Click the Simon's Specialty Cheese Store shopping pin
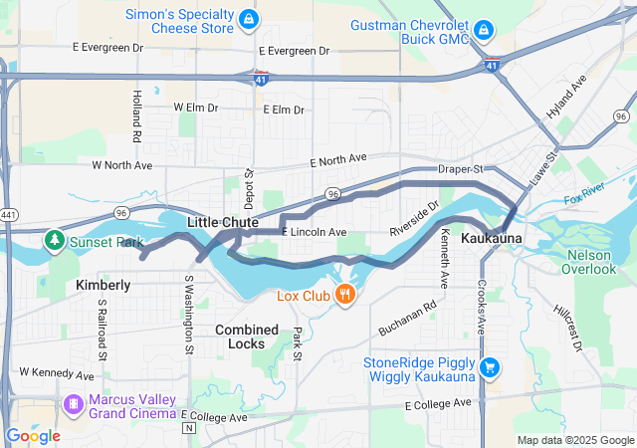(248, 20)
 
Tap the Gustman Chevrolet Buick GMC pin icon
(483, 30)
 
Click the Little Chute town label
(223, 222)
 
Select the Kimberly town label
(104, 285)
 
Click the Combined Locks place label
(247, 336)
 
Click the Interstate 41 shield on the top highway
(260, 76)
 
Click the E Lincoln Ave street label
(315, 232)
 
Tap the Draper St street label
(460, 170)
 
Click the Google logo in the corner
(33, 436)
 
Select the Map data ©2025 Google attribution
(574, 440)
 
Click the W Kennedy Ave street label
(57, 373)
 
